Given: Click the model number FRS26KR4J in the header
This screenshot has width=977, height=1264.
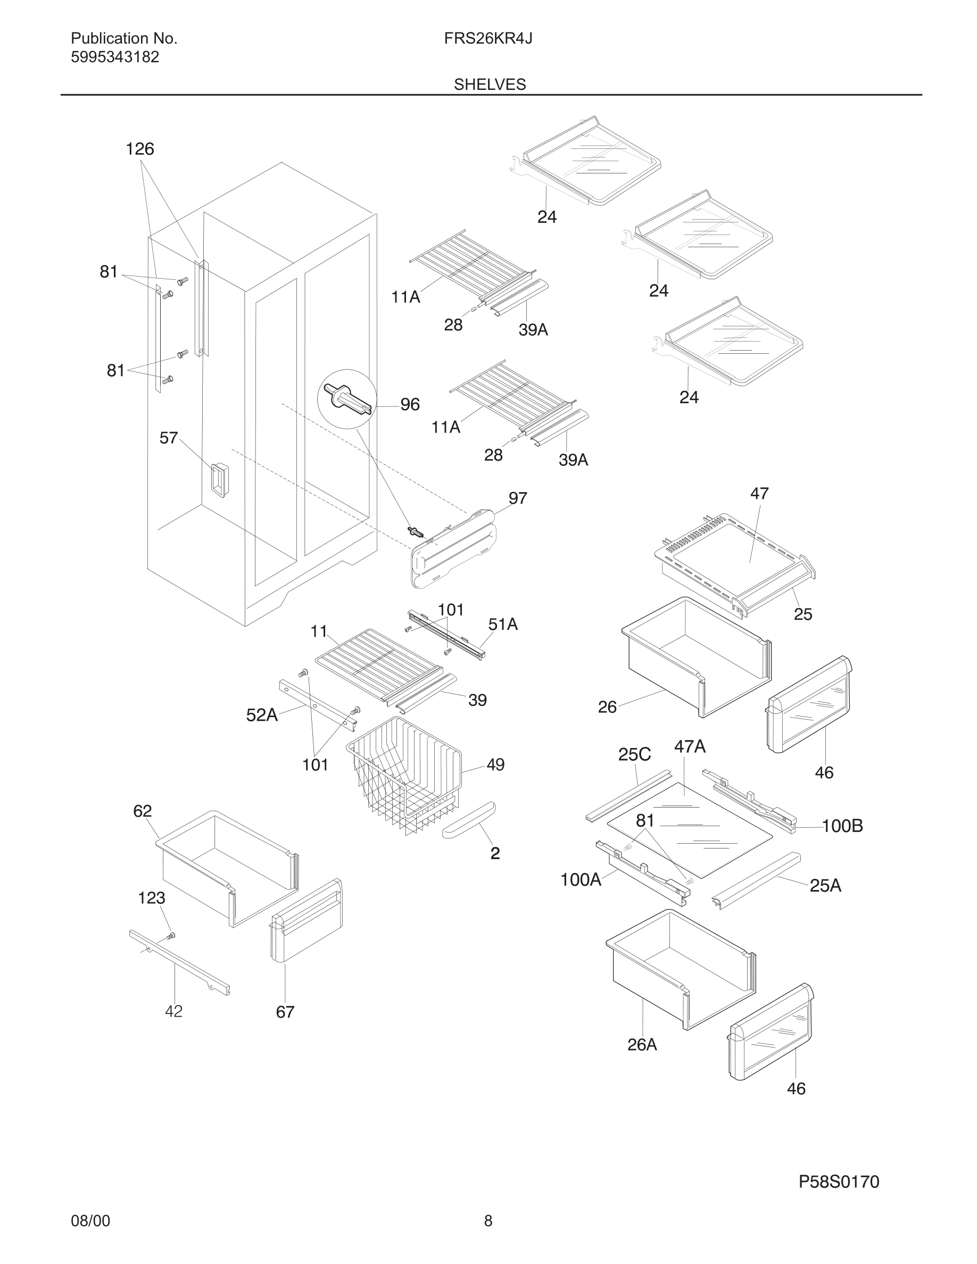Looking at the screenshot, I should [x=488, y=38].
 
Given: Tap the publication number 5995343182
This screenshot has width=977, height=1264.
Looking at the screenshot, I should [x=114, y=57].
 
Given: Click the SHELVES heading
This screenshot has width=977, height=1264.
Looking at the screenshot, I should [x=490, y=85].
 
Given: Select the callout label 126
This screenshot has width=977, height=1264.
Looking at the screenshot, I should [x=139, y=149].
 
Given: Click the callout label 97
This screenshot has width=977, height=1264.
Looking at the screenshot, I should [x=517, y=498].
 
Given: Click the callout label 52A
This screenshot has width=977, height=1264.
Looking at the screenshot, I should [x=262, y=716].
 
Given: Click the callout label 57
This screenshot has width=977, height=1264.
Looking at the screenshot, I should [x=169, y=438].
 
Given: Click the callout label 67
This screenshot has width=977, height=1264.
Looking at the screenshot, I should [x=285, y=1012].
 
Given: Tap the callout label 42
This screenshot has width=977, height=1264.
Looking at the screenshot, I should [x=173, y=1011].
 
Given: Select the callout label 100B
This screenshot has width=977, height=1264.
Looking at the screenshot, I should [x=842, y=826].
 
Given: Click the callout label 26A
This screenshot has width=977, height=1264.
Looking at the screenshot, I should [x=642, y=1045].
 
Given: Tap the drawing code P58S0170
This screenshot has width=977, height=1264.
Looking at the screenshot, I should [x=839, y=1182].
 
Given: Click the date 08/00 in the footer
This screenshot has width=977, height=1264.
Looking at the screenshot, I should [x=90, y=1220].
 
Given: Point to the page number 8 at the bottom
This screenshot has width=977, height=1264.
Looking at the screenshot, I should [x=488, y=1220].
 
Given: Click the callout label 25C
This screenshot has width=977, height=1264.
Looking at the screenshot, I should [x=634, y=754].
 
